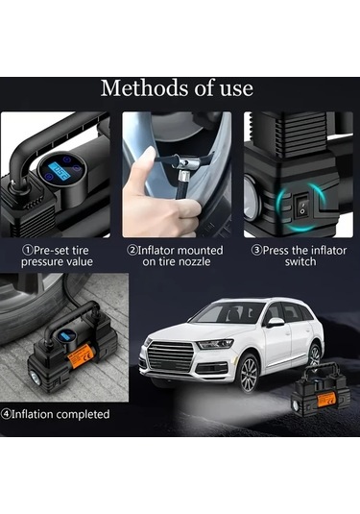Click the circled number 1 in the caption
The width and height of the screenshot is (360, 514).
click(x=27, y=250)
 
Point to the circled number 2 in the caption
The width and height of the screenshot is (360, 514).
click(x=132, y=250)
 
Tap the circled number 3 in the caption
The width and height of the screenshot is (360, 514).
click(x=255, y=250)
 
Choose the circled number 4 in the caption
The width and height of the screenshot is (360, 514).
click(x=8, y=414)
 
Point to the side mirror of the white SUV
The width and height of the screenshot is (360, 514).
click(x=275, y=322)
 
